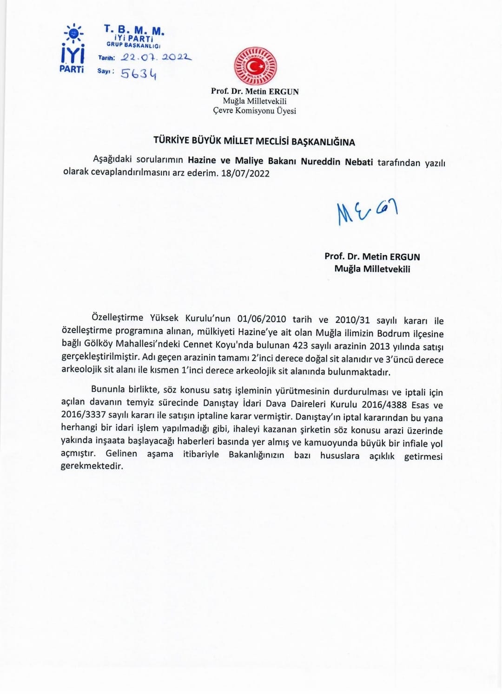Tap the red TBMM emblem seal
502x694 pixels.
255,66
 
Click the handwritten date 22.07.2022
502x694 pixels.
156,58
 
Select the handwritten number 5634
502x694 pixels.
139,73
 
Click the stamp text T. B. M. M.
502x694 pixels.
134,31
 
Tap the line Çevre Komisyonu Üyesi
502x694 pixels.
254,111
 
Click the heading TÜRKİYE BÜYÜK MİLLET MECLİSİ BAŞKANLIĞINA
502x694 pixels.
254,142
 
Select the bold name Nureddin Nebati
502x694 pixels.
337,161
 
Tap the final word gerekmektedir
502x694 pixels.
92,466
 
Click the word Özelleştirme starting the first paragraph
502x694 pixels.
117,318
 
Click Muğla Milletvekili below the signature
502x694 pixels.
372,269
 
